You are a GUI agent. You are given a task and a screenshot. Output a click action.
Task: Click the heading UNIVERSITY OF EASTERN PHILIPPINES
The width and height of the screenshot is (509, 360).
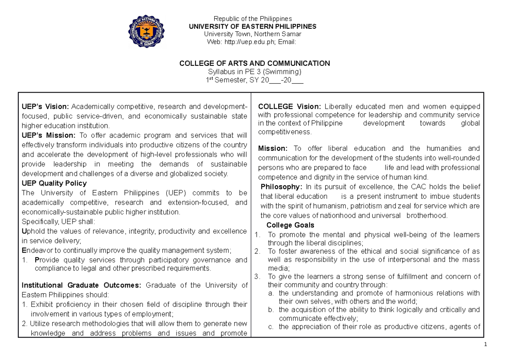point(253,26)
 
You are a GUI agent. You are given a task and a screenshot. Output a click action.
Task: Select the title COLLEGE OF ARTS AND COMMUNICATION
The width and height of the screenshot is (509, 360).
point(255,63)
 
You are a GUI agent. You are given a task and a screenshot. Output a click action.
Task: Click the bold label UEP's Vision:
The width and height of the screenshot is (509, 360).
point(45,107)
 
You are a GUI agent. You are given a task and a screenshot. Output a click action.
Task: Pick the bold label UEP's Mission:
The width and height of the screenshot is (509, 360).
point(48,135)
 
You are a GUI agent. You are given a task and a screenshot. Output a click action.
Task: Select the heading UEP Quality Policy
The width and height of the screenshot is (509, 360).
point(54,183)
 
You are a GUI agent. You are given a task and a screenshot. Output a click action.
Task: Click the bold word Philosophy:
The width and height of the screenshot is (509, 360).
point(282,187)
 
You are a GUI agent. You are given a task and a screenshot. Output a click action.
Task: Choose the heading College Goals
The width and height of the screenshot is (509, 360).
point(290,225)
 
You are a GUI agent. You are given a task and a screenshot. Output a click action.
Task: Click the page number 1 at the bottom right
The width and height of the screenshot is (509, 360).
point(485,344)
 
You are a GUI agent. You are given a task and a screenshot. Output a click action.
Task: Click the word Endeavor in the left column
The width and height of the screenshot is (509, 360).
point(36,250)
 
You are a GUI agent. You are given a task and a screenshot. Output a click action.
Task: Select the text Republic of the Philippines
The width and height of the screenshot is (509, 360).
point(253,19)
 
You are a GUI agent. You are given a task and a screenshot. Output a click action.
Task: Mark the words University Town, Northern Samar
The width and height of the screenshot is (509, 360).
point(253,34)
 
